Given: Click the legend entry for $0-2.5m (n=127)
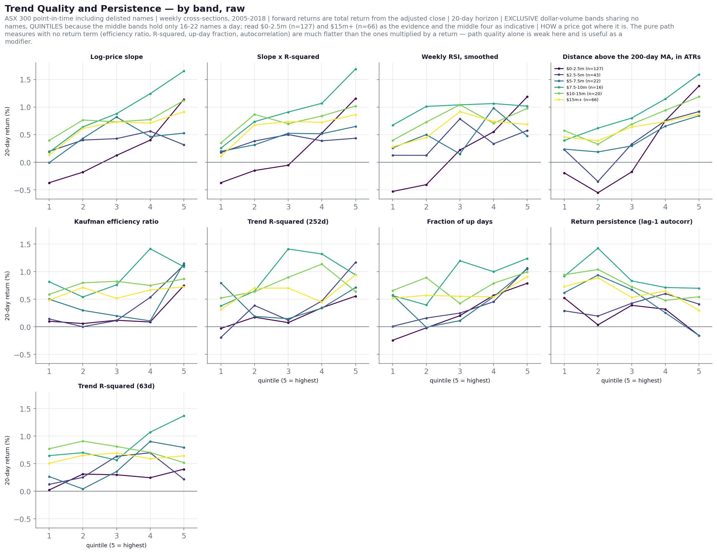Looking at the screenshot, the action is tap(578, 68).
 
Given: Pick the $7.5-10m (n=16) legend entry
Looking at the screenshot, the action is tap(578, 87).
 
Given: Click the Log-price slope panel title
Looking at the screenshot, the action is tap(117, 57).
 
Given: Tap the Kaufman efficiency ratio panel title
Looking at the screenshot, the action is tap(116, 222).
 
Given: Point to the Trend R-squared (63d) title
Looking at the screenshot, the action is tap(116, 386).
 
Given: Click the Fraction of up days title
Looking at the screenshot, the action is tap(460, 222).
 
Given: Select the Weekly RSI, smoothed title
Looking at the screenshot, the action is tap(460, 57).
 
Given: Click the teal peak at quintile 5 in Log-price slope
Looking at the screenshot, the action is tap(184, 71).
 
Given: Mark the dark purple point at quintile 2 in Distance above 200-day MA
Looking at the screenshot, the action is tap(598, 193).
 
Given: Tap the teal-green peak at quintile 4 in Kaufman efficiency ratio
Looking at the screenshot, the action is tap(150, 249).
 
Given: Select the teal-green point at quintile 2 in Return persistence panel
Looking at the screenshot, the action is tap(598, 248).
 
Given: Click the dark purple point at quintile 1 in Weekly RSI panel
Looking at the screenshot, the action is tap(393, 191).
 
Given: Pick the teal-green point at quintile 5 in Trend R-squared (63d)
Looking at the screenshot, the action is tap(184, 416).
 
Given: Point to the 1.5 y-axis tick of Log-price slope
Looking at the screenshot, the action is tap(25, 80).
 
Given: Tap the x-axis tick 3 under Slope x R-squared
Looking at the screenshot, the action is tap(288, 207).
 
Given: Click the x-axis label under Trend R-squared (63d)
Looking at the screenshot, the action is tap(116, 545).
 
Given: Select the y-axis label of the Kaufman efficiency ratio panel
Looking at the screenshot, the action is tap(8, 296).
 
